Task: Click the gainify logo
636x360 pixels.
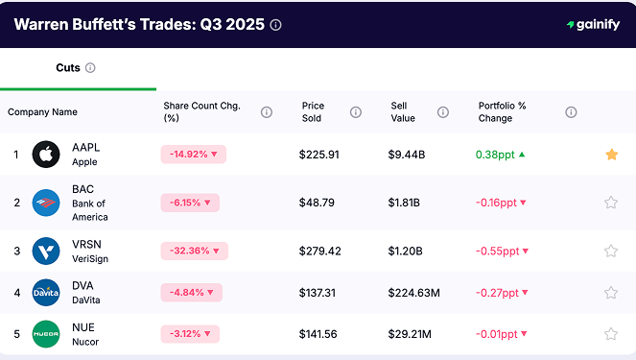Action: [593, 25]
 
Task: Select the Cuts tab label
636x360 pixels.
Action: [68, 68]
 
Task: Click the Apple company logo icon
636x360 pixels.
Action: [46, 154]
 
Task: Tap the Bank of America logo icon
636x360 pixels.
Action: [46, 203]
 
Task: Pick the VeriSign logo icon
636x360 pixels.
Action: [46, 251]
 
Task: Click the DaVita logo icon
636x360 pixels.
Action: [46, 292]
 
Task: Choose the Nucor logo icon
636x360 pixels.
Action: [46, 334]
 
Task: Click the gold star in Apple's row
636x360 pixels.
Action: [611, 154]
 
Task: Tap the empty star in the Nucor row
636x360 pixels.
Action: [611, 334]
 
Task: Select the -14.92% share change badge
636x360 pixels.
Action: [193, 154]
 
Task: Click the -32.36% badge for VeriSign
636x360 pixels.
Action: [193, 252]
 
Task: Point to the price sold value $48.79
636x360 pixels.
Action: [318, 203]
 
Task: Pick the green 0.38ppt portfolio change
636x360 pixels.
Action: [500, 154]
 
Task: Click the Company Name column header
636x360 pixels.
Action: [42, 112]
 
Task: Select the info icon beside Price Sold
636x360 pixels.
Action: [356, 112]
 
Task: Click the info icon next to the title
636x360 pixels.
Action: [276, 25]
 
